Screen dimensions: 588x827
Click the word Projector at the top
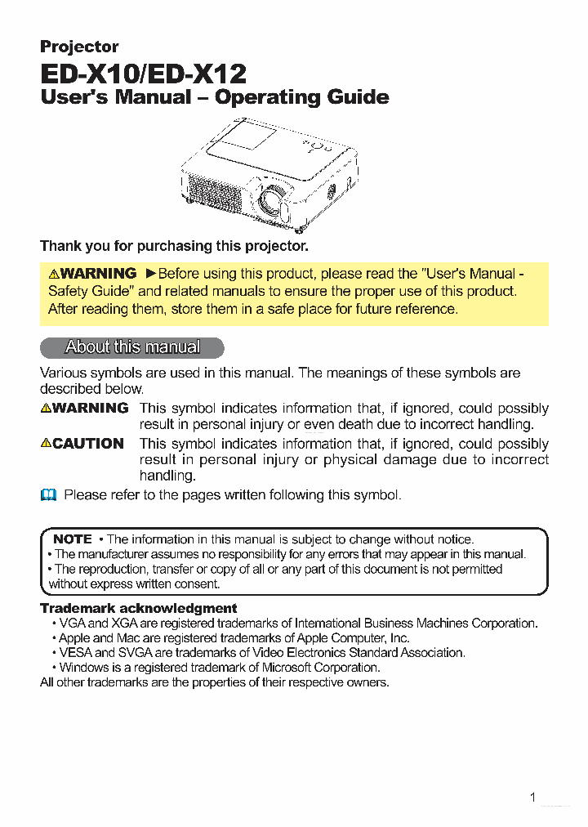[x=79, y=47]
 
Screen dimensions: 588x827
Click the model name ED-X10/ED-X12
[x=143, y=74]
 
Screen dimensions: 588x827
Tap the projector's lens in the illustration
[x=269, y=199]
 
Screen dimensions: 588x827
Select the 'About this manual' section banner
[x=131, y=347]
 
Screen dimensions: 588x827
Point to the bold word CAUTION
[x=88, y=444]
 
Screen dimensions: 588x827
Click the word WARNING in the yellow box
[x=98, y=274]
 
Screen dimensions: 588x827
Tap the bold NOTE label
[x=72, y=539]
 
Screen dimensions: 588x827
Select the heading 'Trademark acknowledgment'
[x=139, y=608]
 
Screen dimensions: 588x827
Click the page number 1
[x=532, y=798]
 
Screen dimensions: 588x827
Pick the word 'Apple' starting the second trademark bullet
[x=74, y=638]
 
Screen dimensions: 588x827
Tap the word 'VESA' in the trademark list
[x=76, y=653]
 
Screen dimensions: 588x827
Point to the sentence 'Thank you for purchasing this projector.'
[x=174, y=245]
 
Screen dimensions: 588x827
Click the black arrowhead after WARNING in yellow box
[x=150, y=274]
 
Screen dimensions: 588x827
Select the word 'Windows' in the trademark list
[x=84, y=668]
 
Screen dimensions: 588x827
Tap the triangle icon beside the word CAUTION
[x=47, y=443]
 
